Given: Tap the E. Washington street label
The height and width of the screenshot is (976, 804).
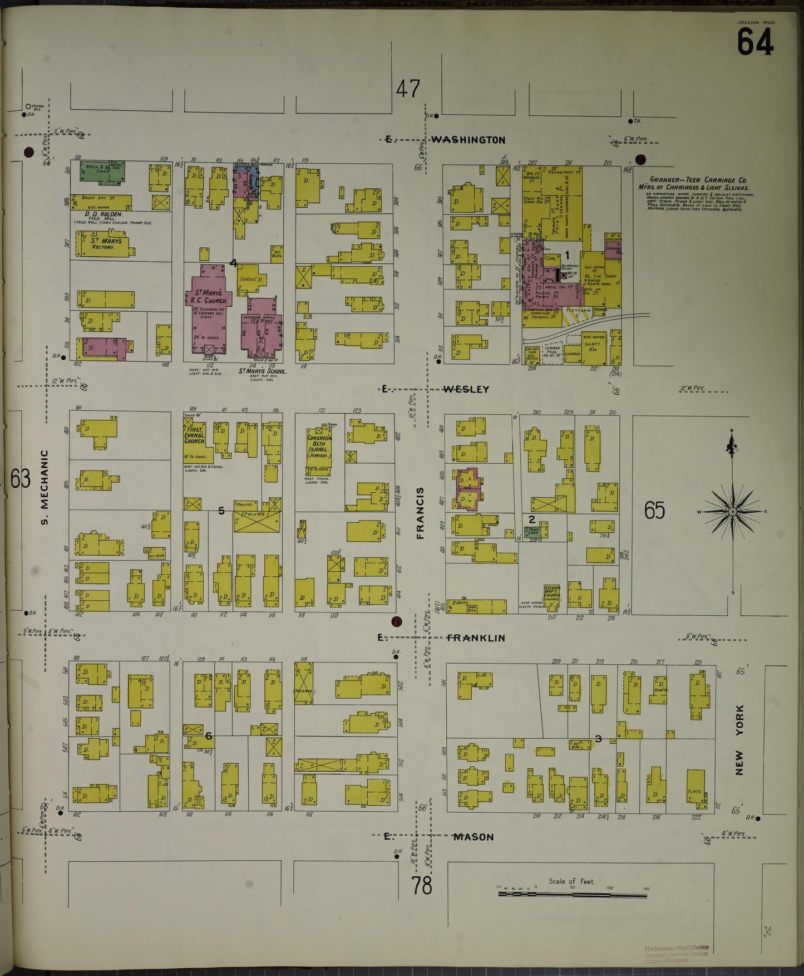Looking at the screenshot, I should (x=446, y=140).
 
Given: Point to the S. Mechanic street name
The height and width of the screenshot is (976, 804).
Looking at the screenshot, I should (x=45, y=487).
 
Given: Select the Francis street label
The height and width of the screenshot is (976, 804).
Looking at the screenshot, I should (x=420, y=513).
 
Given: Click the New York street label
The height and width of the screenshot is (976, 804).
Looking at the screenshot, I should (x=739, y=740).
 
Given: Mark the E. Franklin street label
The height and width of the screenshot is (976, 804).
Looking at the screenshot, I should (x=442, y=638).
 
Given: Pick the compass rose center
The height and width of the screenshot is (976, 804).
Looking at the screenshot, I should (x=732, y=511).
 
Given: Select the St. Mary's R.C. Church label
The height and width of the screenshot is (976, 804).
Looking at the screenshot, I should (x=207, y=297).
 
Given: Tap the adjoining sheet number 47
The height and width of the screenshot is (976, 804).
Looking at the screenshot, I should (x=408, y=89).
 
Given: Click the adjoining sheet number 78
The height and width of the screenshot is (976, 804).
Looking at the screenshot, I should (x=422, y=885).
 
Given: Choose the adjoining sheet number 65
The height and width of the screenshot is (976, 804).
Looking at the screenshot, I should (x=654, y=510).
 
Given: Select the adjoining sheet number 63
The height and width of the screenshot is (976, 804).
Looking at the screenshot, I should (x=20, y=478).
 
